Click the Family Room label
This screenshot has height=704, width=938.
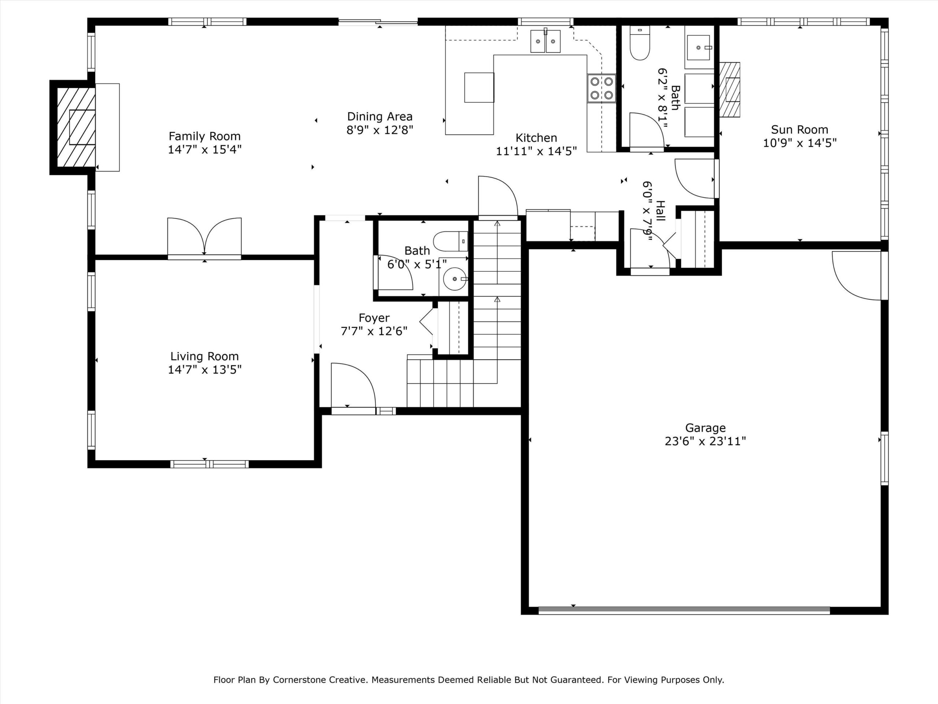tap(204, 136)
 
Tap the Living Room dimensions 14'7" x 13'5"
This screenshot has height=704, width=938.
tap(204, 370)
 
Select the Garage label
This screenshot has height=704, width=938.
tap(705, 428)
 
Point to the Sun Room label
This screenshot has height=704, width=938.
tap(799, 129)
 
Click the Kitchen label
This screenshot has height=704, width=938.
tap(536, 137)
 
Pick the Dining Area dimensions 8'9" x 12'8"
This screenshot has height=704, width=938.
tap(380, 129)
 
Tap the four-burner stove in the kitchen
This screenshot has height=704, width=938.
tap(601, 88)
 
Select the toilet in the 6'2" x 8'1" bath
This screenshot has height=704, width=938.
tap(639, 43)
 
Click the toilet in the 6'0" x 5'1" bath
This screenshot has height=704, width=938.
tap(450, 242)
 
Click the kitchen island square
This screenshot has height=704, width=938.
tap(479, 87)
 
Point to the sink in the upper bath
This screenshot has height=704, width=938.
tap(698, 48)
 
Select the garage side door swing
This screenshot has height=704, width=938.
tap(857, 276)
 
